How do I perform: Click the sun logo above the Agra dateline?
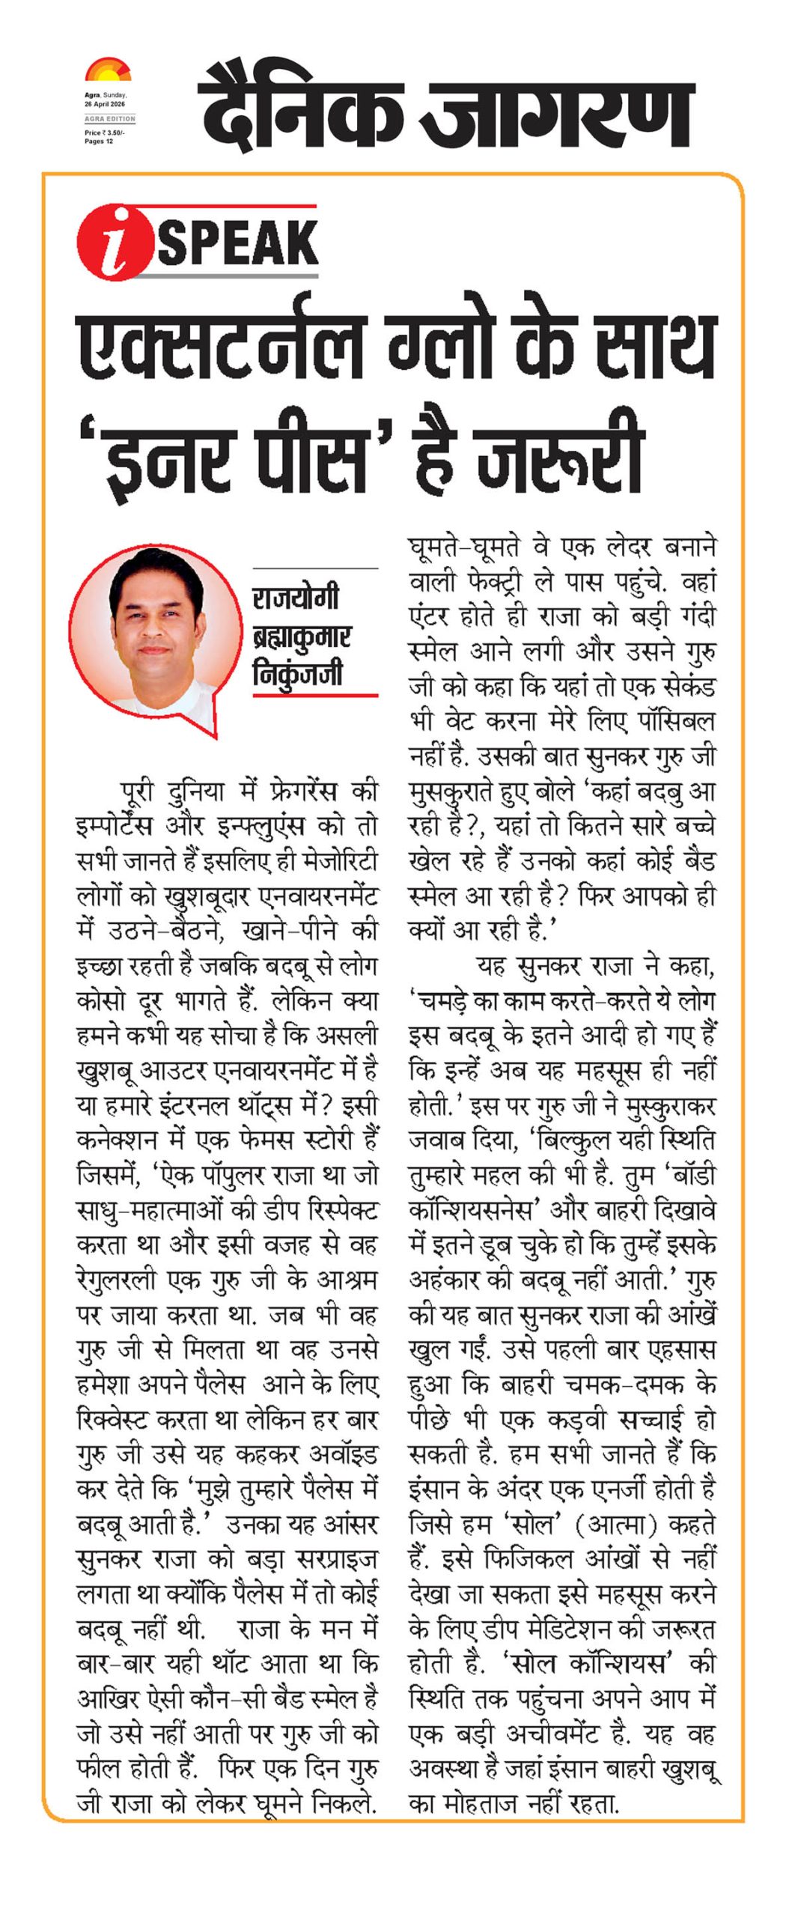coord(108,71)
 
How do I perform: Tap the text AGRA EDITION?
coord(109,118)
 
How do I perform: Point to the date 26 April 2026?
coord(104,104)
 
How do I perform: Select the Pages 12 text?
coord(99,142)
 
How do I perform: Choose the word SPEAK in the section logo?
coord(238,242)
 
